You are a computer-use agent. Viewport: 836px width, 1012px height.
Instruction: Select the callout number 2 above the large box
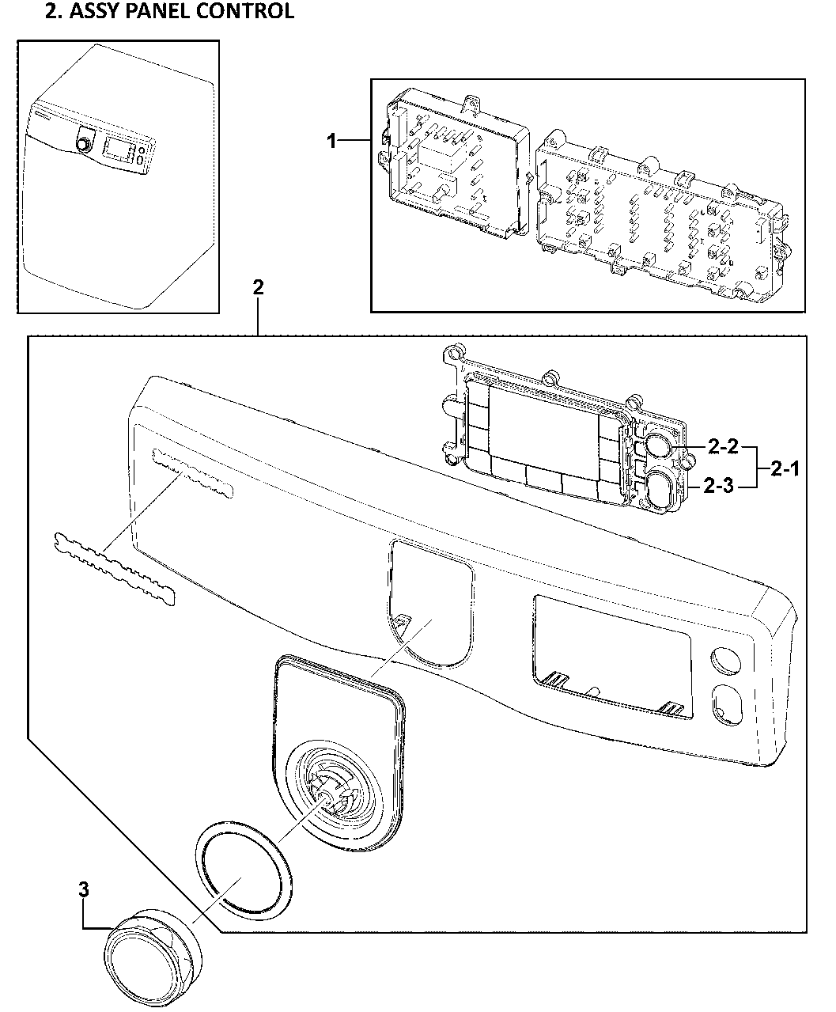click(258, 287)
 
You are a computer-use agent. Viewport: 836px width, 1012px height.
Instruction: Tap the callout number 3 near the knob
click(85, 889)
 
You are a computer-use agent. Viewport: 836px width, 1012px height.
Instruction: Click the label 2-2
click(722, 449)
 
